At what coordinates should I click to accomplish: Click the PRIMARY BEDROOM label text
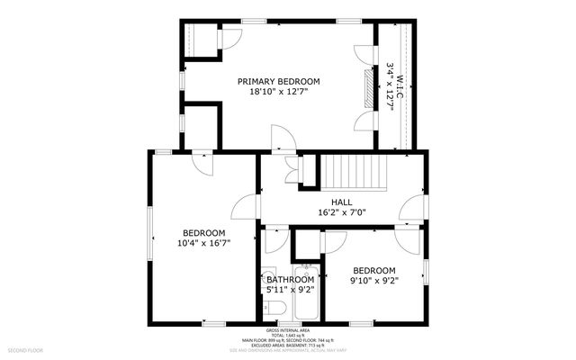click(278, 81)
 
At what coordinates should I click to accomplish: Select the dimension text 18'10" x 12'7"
click(278, 92)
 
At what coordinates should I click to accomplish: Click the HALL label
click(341, 202)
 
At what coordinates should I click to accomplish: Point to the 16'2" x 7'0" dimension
click(341, 213)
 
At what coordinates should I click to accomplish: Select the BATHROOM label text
click(291, 280)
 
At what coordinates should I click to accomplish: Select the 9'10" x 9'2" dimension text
click(373, 281)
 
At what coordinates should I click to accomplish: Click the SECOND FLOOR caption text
click(26, 348)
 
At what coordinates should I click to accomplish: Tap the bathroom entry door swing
click(275, 238)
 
